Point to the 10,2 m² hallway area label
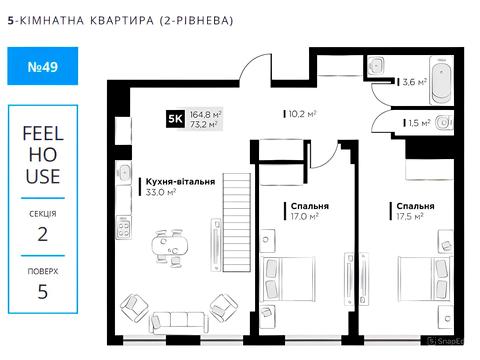click(303, 114)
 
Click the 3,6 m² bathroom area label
click(414, 82)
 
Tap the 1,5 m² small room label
click(419, 123)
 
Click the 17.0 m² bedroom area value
click(305, 215)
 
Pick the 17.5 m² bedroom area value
click(406, 215)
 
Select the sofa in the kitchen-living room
click(181, 319)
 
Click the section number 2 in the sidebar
click(42, 235)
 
